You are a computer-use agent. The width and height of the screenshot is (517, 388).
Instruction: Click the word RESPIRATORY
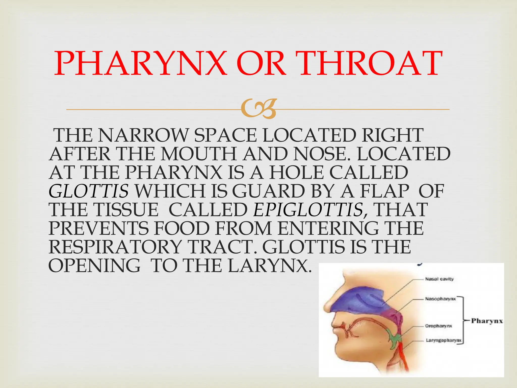pyautogui.click(x=115, y=247)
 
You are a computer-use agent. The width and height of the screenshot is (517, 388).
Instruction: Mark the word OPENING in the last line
pyautogui.click(x=94, y=266)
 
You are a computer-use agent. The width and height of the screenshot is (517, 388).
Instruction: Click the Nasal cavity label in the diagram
pyautogui.click(x=439, y=279)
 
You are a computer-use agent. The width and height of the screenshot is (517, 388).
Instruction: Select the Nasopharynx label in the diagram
pyautogui.click(x=440, y=299)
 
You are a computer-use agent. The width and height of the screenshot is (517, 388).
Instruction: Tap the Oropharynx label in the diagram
pyautogui.click(x=438, y=326)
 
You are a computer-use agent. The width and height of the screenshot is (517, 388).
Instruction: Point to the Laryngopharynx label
pyautogui.click(x=444, y=341)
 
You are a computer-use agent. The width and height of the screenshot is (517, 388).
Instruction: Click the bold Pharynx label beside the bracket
pyautogui.click(x=487, y=321)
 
